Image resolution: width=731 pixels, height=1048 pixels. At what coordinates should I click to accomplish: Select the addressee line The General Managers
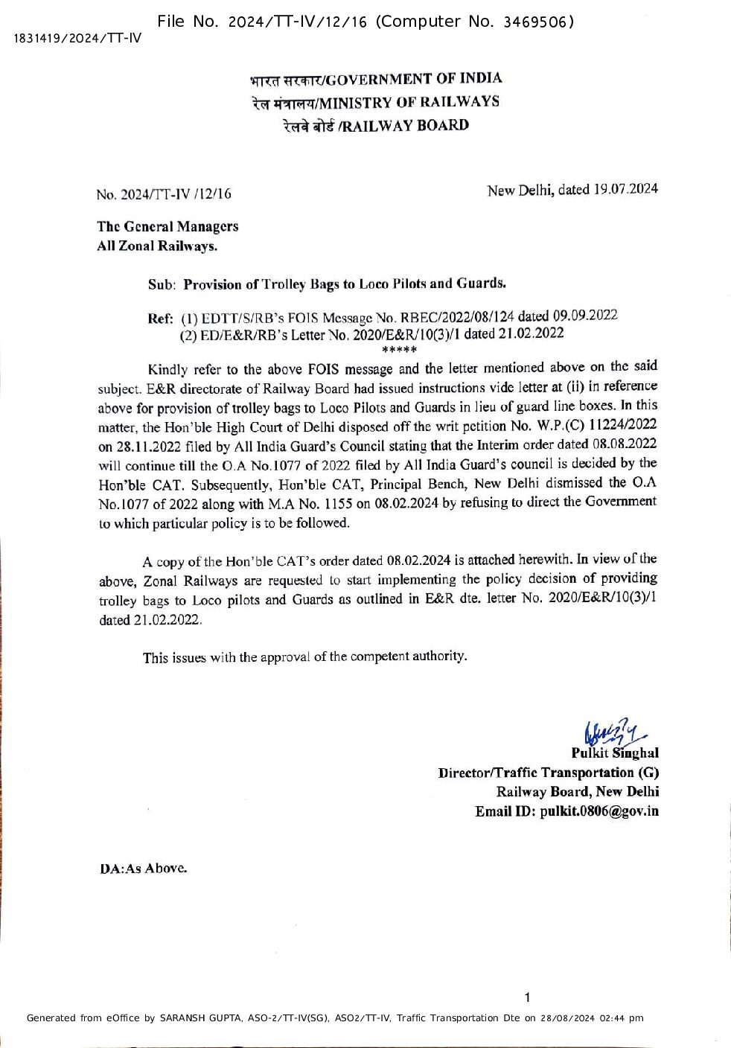coord(167,226)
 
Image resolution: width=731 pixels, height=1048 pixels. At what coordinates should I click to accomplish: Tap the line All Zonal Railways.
coord(157,246)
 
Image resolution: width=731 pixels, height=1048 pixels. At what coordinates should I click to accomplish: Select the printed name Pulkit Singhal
coord(615,753)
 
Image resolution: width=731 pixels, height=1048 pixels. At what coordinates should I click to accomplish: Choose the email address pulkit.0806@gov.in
coord(599,811)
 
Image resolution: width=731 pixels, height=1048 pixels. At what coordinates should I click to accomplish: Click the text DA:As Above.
coord(143,869)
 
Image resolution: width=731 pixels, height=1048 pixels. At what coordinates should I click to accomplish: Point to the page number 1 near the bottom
coord(527,997)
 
